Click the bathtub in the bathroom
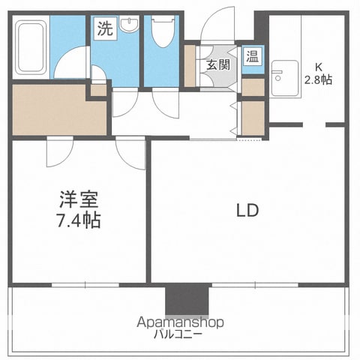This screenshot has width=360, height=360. pos(31,47)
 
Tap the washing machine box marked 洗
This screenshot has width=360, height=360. pos(105,28)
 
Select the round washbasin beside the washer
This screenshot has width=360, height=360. pos(129,24)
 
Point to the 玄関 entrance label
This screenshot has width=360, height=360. pos(218,65)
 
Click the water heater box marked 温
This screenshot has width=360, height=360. pos(253,56)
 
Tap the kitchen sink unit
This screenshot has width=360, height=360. pos(285,78)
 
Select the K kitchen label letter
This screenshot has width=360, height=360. pos(318,67)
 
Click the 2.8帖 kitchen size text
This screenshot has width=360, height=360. pos(318,79)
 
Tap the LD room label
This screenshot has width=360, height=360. pos(247,211)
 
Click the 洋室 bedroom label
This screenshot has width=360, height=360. pos(79,199)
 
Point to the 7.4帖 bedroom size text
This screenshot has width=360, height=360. pos(79,220)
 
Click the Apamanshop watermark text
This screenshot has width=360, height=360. pos(180,322)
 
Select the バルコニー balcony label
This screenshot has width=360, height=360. pos(178,334)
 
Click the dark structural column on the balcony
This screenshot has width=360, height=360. pos(187,299)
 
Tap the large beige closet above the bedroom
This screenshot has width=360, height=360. pos(59,110)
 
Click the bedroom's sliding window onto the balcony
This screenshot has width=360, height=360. pos(85,285)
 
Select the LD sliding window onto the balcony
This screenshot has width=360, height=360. pos(255,285)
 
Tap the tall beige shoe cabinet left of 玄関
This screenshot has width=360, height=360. pos(190,66)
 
